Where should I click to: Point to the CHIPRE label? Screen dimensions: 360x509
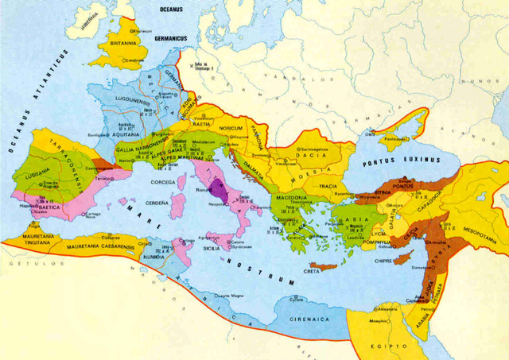point(382,257)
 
